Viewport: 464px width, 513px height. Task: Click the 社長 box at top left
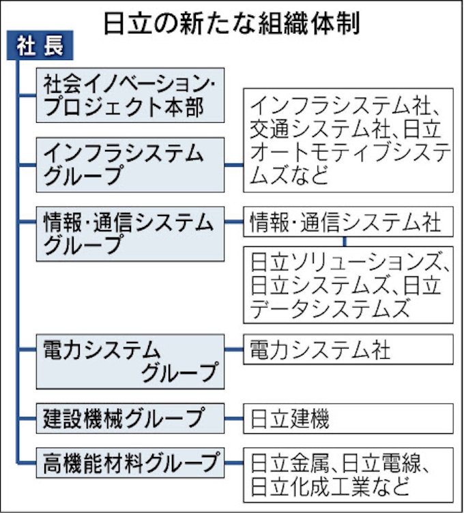(x=40, y=45)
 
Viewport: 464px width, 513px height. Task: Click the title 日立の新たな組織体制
(x=232, y=23)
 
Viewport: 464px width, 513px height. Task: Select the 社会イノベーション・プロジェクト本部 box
(x=130, y=96)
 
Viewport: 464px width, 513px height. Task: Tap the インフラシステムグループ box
(x=130, y=165)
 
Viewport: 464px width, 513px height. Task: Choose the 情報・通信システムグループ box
(x=130, y=233)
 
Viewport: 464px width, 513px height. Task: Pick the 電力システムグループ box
(x=130, y=362)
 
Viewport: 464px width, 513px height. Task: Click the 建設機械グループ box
(x=130, y=418)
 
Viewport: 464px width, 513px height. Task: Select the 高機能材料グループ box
(x=130, y=463)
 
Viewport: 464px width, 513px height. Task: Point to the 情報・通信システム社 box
(x=349, y=222)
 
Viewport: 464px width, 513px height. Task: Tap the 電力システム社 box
(x=349, y=349)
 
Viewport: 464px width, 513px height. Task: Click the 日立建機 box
(x=349, y=418)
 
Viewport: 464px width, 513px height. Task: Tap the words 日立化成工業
(x=310, y=486)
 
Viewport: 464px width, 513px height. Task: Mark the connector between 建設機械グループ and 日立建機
(x=234, y=418)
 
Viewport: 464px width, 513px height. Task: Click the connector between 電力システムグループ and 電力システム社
(x=234, y=349)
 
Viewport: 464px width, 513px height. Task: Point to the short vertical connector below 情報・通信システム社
(x=345, y=241)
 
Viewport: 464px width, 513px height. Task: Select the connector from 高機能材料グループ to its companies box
(x=234, y=463)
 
